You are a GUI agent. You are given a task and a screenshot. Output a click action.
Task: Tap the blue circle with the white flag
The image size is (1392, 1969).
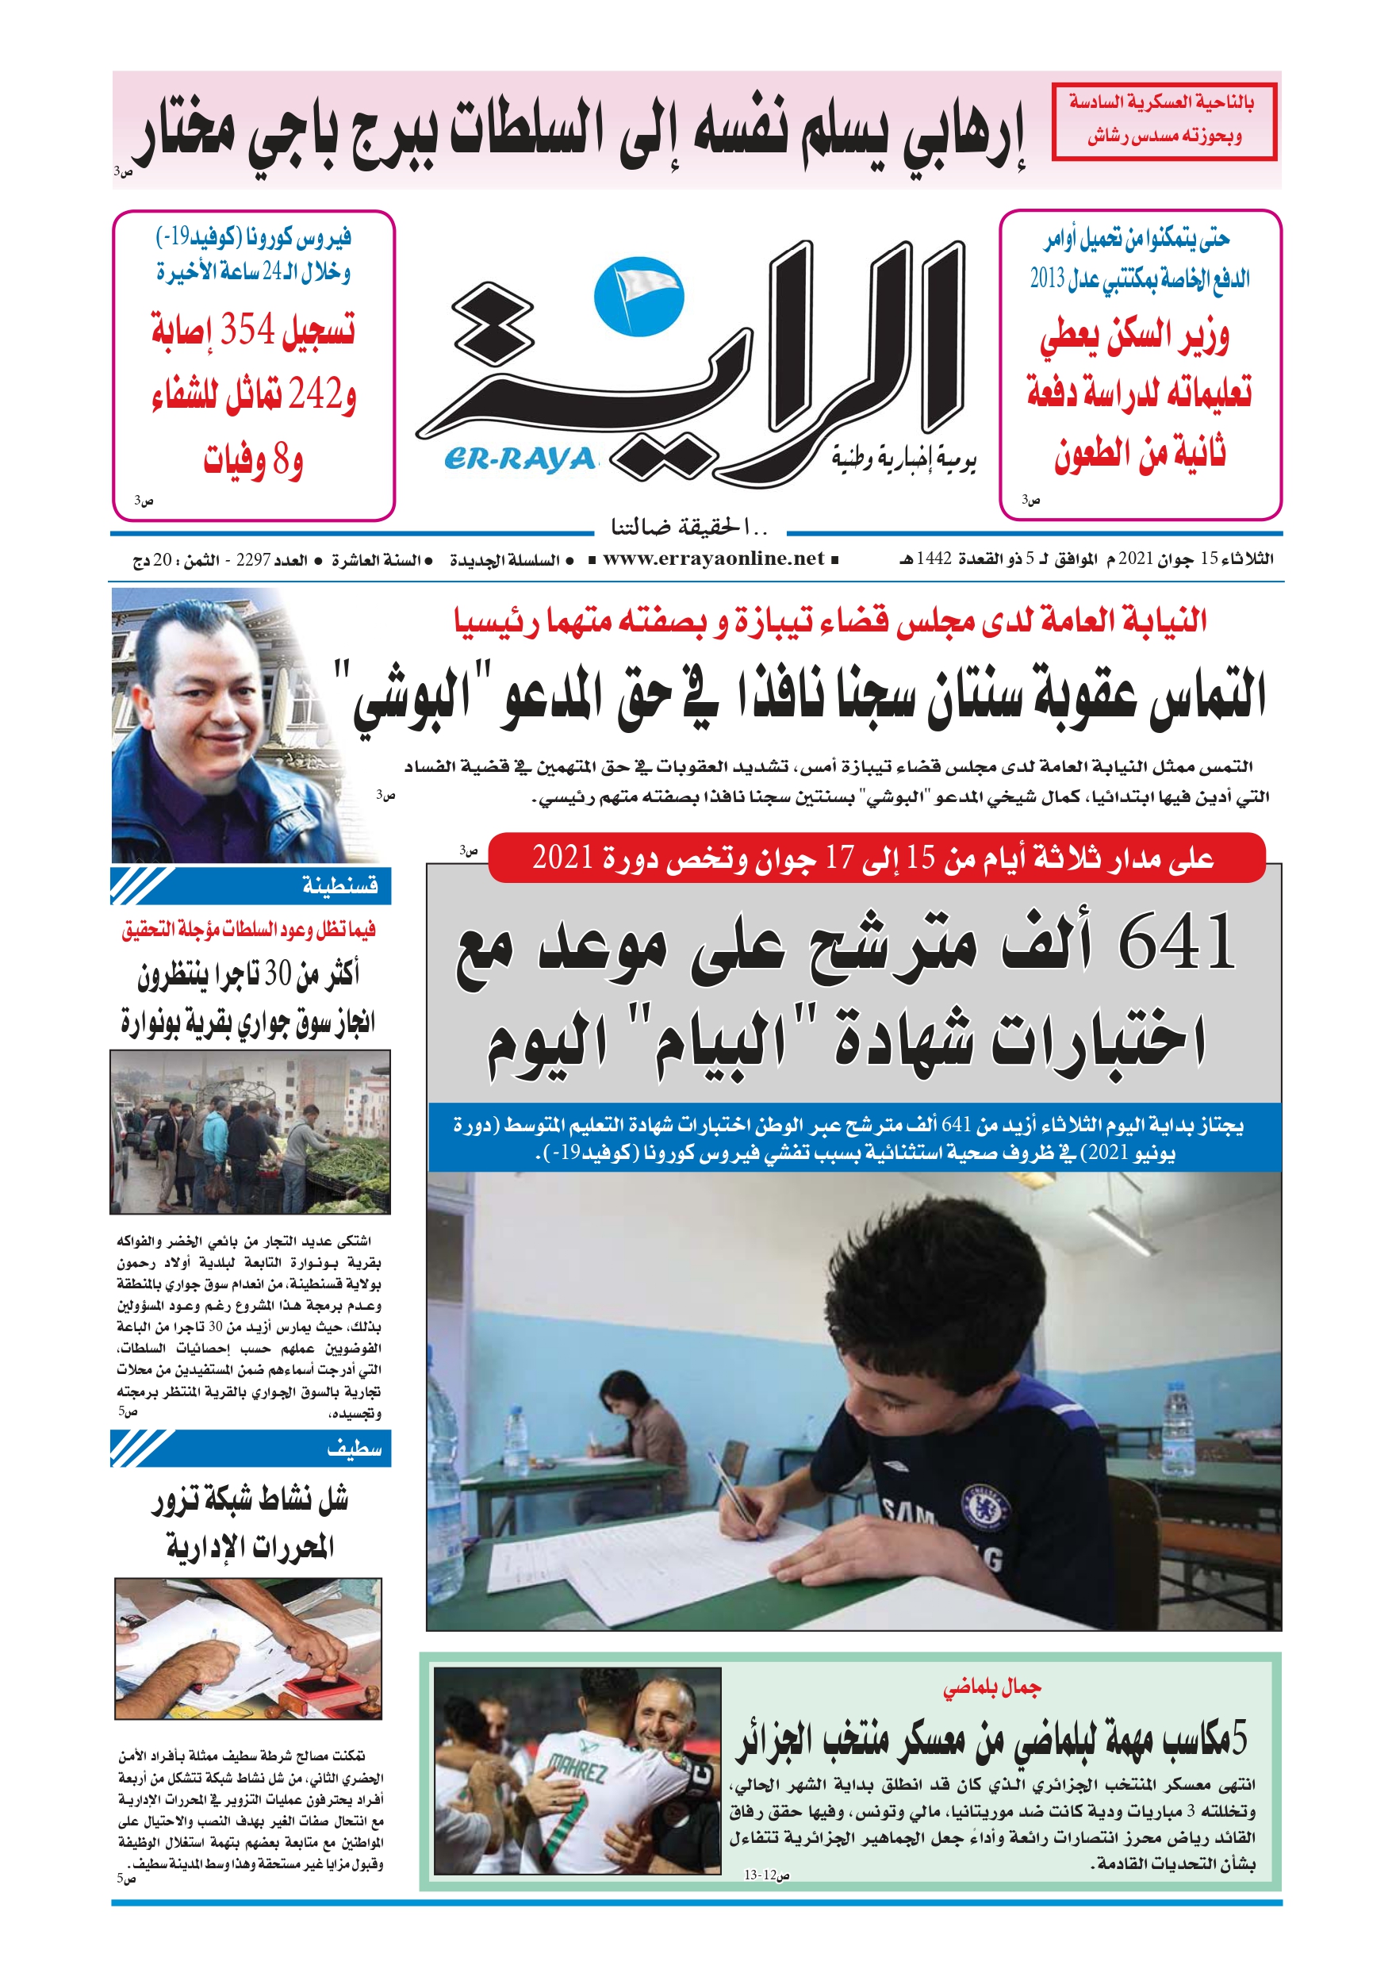639,296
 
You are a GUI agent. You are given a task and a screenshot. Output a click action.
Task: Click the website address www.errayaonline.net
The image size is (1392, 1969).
713,559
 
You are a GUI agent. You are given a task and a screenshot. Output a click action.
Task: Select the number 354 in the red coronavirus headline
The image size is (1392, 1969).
248,328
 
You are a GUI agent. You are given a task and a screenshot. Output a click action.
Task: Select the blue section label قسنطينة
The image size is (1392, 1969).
339,885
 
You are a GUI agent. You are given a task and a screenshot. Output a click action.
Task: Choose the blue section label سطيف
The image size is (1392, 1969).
354,1449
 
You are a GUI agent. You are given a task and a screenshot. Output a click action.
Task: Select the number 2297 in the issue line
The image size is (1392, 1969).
253,560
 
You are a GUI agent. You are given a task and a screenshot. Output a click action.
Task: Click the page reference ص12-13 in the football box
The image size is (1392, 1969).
766,1875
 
